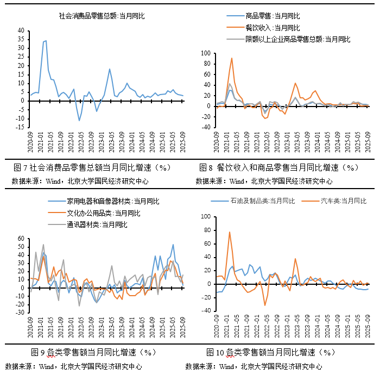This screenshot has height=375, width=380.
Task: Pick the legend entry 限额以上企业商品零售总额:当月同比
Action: [x=297, y=39]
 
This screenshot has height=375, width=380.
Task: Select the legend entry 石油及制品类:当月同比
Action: [x=261, y=201]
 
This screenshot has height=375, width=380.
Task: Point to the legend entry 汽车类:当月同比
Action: [x=344, y=201]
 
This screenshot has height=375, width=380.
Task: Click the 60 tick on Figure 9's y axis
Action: [x=20, y=239]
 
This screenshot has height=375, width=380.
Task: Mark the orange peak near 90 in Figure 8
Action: [x=232, y=58]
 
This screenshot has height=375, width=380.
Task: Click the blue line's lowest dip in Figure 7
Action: [x=79, y=120]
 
